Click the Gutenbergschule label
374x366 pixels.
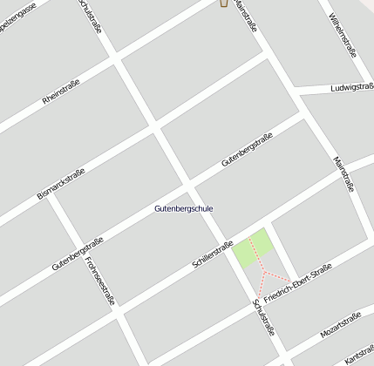pyautogui.click(x=183, y=209)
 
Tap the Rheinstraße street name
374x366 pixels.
pyautogui.click(x=61, y=93)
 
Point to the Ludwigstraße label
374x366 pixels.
pyautogui.click(x=352, y=88)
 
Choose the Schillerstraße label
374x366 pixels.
pyautogui.click(x=212, y=254)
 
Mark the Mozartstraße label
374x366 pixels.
pyautogui.click(x=340, y=327)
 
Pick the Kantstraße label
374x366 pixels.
pyautogui.click(x=359, y=355)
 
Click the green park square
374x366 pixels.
pyautogui.click(x=252, y=250)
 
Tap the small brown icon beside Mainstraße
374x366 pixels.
pyautogui.click(x=222, y=3)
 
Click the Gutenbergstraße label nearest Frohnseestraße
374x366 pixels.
pyautogui.click(x=78, y=253)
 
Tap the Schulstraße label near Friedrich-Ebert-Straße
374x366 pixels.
pyautogui.click(x=263, y=319)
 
